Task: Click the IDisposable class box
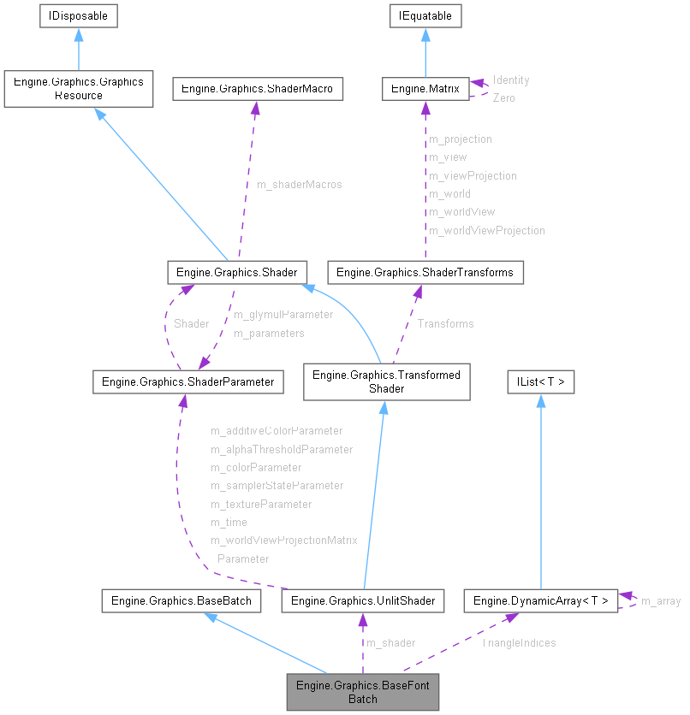(78, 15)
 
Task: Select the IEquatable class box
(425, 15)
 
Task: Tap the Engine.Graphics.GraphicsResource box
(78, 89)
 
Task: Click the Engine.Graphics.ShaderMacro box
(258, 89)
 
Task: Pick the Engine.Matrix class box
(425, 89)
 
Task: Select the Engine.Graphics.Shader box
(236, 273)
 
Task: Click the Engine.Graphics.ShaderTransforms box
(425, 273)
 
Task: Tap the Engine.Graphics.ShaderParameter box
(187, 382)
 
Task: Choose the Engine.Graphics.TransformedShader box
(386, 382)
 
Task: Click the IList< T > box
(540, 382)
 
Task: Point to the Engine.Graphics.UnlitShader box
(363, 601)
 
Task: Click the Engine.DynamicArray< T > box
(540, 601)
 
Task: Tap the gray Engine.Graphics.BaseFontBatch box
(363, 692)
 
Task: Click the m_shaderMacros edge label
(299, 185)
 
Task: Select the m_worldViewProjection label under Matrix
(486, 230)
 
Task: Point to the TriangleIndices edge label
(519, 642)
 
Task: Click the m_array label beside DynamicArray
(661, 601)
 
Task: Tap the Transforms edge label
(445, 323)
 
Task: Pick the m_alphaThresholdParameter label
(282, 449)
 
